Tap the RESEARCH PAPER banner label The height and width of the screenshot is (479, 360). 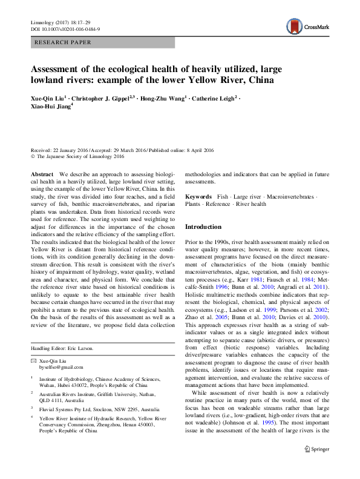pyautogui.click(x=64, y=42)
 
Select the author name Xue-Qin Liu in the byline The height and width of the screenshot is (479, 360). pyautogui.click(x=48, y=97)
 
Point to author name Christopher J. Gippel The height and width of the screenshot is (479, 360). pyautogui.click(x=102, y=97)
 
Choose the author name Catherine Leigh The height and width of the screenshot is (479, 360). pyautogui.click(x=216, y=97)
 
